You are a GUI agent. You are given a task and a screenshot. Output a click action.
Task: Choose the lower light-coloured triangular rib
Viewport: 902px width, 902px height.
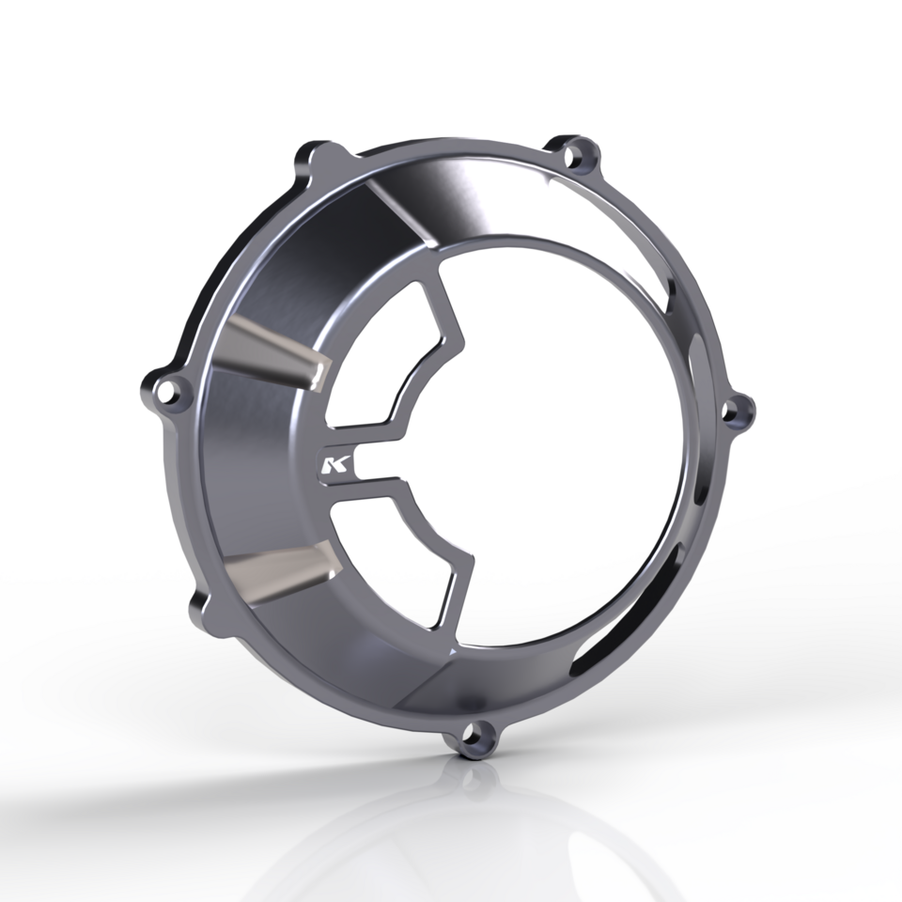(282, 567)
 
